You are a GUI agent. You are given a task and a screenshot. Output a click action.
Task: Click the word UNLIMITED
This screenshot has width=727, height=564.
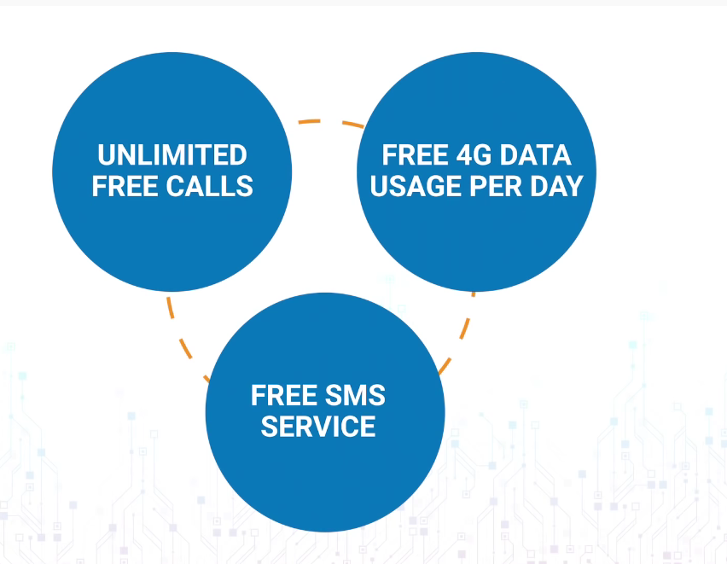point(172,155)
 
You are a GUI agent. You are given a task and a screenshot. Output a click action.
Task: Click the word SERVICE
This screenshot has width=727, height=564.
point(318,426)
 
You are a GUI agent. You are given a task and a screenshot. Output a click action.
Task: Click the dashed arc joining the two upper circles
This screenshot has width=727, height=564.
point(329,123)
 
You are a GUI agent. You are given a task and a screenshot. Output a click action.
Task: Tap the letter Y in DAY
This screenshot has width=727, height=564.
point(574,185)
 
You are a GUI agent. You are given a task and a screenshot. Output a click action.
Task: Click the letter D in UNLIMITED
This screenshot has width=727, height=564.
point(237,155)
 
